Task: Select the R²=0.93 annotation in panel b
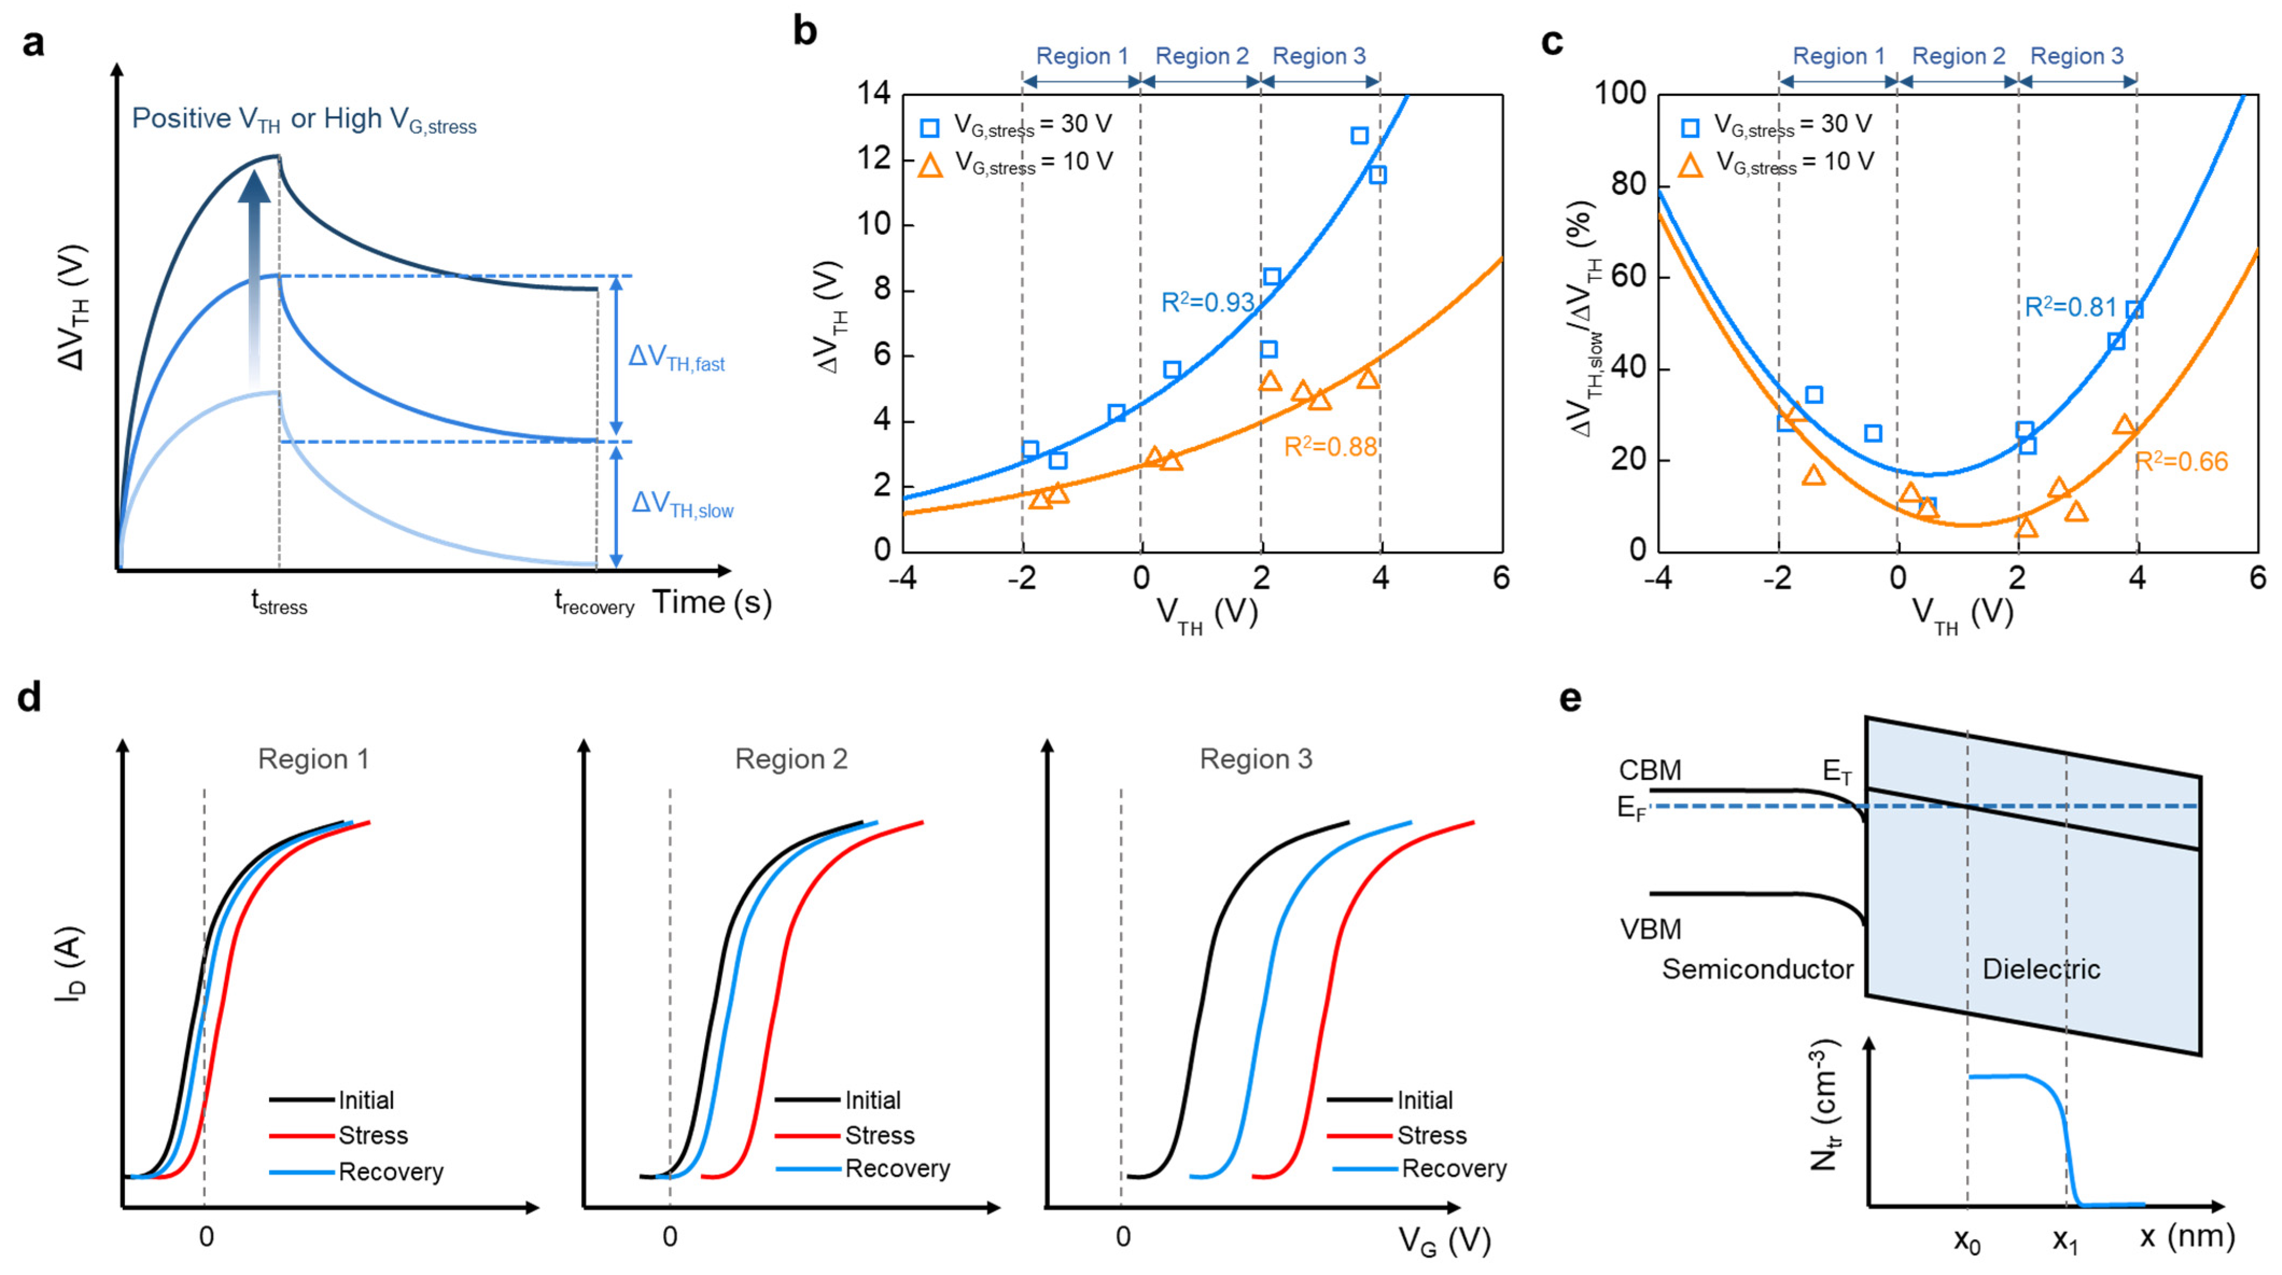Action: click(x=1206, y=303)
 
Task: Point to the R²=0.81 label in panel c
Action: click(x=2069, y=307)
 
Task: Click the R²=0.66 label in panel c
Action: click(x=2180, y=461)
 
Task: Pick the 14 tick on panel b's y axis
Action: click(x=873, y=93)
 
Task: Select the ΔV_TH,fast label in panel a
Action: click(x=676, y=358)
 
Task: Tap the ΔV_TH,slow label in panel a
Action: click(x=681, y=505)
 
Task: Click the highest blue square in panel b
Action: click(x=1359, y=136)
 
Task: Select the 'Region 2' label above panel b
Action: click(x=1201, y=57)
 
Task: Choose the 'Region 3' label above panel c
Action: click(x=2076, y=57)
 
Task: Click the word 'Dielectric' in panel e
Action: click(x=2040, y=969)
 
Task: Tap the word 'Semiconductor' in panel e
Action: click(x=1757, y=969)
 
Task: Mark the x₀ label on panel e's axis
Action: click(x=1967, y=1241)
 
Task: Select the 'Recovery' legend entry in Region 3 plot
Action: click(x=1453, y=1169)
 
